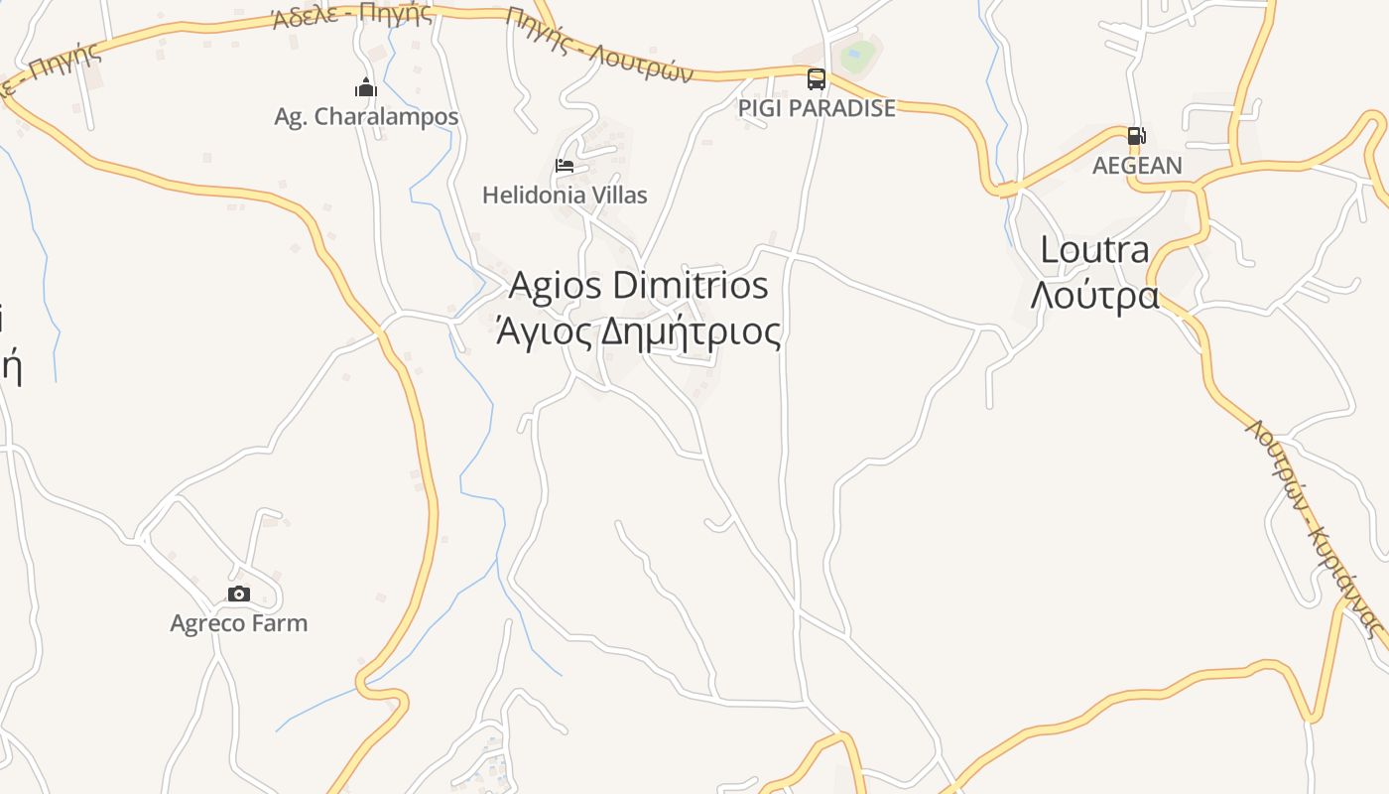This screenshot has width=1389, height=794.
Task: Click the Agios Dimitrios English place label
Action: click(x=638, y=286)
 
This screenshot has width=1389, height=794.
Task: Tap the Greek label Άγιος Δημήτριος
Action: click(x=638, y=331)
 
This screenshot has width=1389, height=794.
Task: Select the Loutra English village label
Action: click(x=1094, y=250)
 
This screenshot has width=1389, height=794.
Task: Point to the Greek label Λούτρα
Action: click(x=1094, y=295)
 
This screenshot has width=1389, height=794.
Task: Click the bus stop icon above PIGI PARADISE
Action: click(x=817, y=79)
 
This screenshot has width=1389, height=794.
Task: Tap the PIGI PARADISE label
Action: click(x=817, y=108)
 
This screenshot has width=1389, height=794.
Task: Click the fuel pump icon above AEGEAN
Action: click(x=1137, y=136)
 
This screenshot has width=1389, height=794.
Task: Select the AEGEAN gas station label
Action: click(x=1137, y=166)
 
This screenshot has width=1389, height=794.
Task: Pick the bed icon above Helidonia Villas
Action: click(x=565, y=166)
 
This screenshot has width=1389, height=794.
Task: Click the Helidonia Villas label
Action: click(x=565, y=195)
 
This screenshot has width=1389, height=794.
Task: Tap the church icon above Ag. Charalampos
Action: click(x=366, y=87)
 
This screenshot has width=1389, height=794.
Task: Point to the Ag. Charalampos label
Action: click(x=366, y=117)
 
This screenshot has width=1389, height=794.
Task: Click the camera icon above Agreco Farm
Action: click(x=238, y=594)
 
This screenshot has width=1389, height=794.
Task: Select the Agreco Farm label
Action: click(x=238, y=623)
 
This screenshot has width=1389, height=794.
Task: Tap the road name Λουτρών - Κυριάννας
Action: click(x=1315, y=526)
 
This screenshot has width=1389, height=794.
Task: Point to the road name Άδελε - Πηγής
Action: click(x=352, y=15)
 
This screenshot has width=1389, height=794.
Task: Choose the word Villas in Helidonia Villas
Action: click(x=618, y=195)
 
